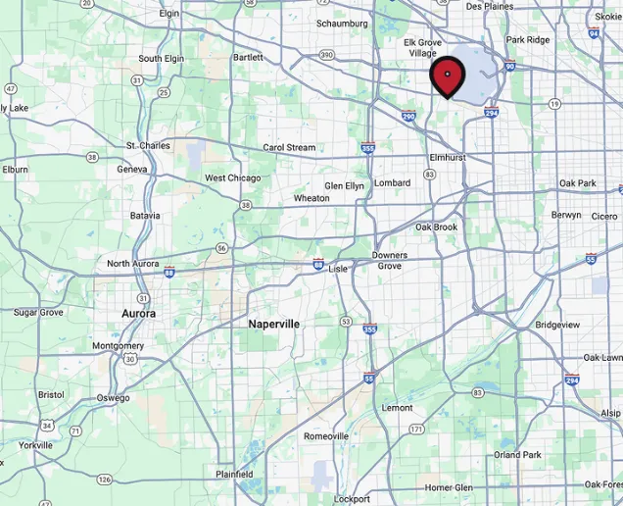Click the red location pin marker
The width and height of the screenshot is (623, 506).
click(448, 76)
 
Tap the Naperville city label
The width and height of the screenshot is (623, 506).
click(274, 324)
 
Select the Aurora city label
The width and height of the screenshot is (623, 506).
click(138, 313)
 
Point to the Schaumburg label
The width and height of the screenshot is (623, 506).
click(342, 24)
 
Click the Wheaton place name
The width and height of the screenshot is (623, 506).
click(311, 198)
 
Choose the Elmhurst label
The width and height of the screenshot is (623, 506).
click(448, 157)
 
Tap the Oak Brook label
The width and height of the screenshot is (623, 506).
click(436, 227)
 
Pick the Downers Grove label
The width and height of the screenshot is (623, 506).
click(389, 261)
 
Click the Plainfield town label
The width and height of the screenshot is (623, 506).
click(234, 475)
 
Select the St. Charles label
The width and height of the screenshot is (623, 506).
click(148, 145)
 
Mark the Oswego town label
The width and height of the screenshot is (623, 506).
click(113, 398)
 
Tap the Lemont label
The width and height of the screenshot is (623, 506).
click(397, 408)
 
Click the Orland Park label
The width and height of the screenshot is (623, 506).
click(517, 455)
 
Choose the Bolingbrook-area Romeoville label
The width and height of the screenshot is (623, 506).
click(326, 436)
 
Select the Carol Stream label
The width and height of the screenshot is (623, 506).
click(289, 148)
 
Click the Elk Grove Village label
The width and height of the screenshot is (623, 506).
click(423, 48)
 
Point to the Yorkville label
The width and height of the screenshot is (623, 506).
click(35, 445)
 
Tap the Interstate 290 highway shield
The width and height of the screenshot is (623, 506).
click(408, 116)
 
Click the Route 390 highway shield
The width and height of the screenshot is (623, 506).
click(326, 55)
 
